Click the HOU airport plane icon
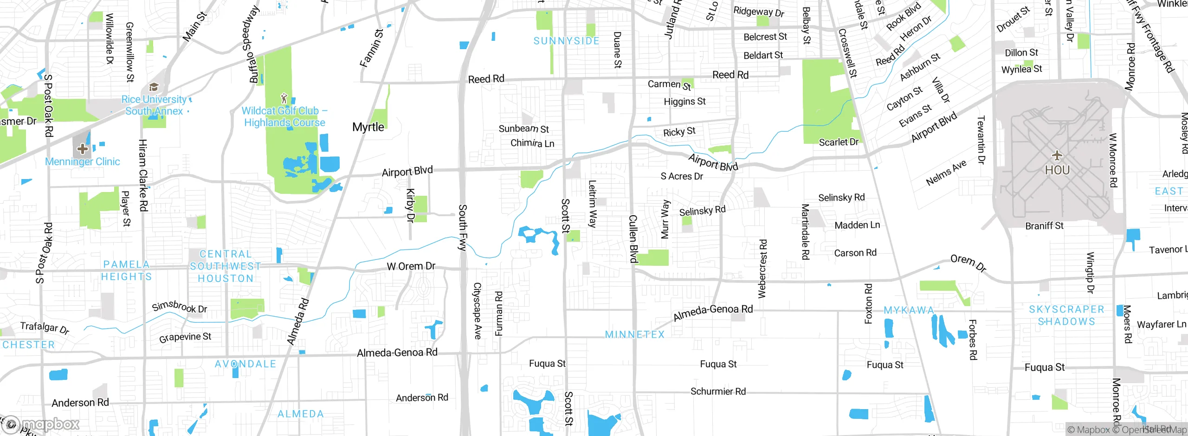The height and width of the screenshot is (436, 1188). [1057, 155]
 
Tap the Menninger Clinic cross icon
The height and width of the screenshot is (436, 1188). [83, 149]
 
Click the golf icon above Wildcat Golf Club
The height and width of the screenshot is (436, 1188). [284, 98]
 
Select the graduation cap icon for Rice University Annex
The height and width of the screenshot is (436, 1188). [154, 87]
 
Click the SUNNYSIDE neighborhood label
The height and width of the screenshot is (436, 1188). [566, 41]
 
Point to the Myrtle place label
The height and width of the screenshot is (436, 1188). [368, 127]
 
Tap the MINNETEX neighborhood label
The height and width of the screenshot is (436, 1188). [634, 334]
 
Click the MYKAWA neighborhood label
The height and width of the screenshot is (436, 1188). [909, 310]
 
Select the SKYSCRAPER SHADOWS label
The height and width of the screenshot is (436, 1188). [1066, 315]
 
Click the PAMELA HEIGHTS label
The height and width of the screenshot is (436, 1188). [126, 270]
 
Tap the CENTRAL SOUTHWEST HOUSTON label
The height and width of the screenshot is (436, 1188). [226, 266]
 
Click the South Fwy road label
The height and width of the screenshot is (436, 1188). [462, 227]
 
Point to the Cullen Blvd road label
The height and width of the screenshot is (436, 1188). [633, 238]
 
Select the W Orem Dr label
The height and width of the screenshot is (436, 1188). [411, 266]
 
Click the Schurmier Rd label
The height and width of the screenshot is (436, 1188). [718, 391]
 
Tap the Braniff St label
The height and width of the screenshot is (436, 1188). [1044, 226]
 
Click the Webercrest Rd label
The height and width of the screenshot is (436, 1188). [762, 268]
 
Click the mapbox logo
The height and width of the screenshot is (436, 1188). [42, 424]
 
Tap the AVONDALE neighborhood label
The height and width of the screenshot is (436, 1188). [245, 364]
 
